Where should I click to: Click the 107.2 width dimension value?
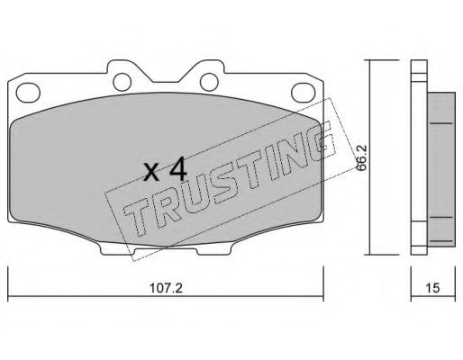pyautogui.click(x=166, y=288)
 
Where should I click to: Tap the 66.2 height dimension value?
pyautogui.click(x=360, y=157)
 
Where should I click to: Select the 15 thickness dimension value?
pyautogui.click(x=432, y=288)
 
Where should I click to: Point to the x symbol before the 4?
pyautogui.click(x=151, y=173)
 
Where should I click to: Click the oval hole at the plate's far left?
pyautogui.click(x=28, y=92)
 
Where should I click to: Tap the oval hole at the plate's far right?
pyautogui.click(x=304, y=92)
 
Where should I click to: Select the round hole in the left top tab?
pyautogui.click(x=123, y=82)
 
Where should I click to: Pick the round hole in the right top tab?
pyautogui.click(x=209, y=82)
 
